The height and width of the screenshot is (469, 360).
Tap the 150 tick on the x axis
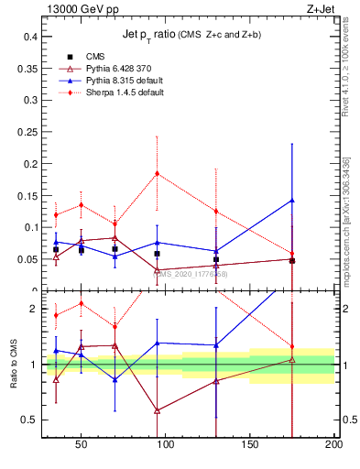250,444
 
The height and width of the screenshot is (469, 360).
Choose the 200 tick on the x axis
333,444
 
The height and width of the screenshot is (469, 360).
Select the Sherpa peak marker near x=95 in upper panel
158,173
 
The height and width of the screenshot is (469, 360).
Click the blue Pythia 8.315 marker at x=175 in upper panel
292,200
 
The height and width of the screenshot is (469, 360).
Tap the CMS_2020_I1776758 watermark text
190,273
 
